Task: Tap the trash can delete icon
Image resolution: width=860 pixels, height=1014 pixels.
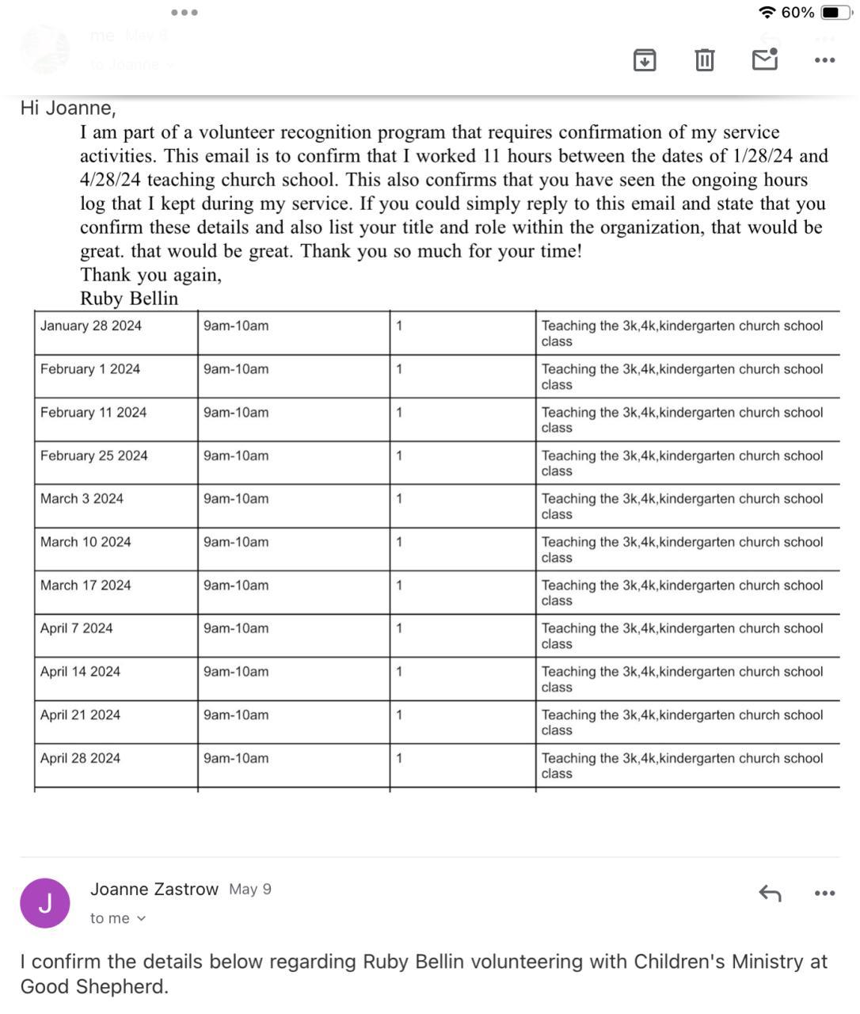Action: [704, 59]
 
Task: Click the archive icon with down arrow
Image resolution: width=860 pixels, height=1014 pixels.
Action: [645, 59]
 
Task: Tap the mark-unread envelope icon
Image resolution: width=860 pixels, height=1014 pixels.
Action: [764, 59]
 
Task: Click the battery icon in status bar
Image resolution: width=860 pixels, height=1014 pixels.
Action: [835, 13]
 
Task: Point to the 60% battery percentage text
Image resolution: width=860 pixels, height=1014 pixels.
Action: [797, 13]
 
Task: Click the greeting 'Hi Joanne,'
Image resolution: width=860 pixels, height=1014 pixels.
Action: [68, 108]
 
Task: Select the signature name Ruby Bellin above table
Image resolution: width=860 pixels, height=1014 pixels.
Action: [129, 299]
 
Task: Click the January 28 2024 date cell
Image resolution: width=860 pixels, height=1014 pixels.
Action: [91, 326]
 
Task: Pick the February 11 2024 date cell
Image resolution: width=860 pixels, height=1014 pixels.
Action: [93, 412]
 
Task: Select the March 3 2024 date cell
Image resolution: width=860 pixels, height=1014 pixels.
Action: [82, 498]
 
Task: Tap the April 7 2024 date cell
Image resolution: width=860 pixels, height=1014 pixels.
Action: [77, 628]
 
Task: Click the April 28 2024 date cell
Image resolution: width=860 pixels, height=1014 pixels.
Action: [80, 758]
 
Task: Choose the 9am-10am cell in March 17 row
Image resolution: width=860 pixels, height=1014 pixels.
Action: [236, 585]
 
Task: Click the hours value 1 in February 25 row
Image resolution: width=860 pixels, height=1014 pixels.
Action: [399, 456]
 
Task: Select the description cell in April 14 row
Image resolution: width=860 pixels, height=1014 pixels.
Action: [682, 679]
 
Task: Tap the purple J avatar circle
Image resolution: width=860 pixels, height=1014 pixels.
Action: [45, 903]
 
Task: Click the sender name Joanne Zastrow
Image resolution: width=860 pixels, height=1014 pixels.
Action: [154, 889]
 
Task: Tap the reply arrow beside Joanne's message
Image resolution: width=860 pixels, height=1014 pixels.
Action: [770, 894]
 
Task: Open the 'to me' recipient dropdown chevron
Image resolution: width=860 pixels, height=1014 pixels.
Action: [142, 919]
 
